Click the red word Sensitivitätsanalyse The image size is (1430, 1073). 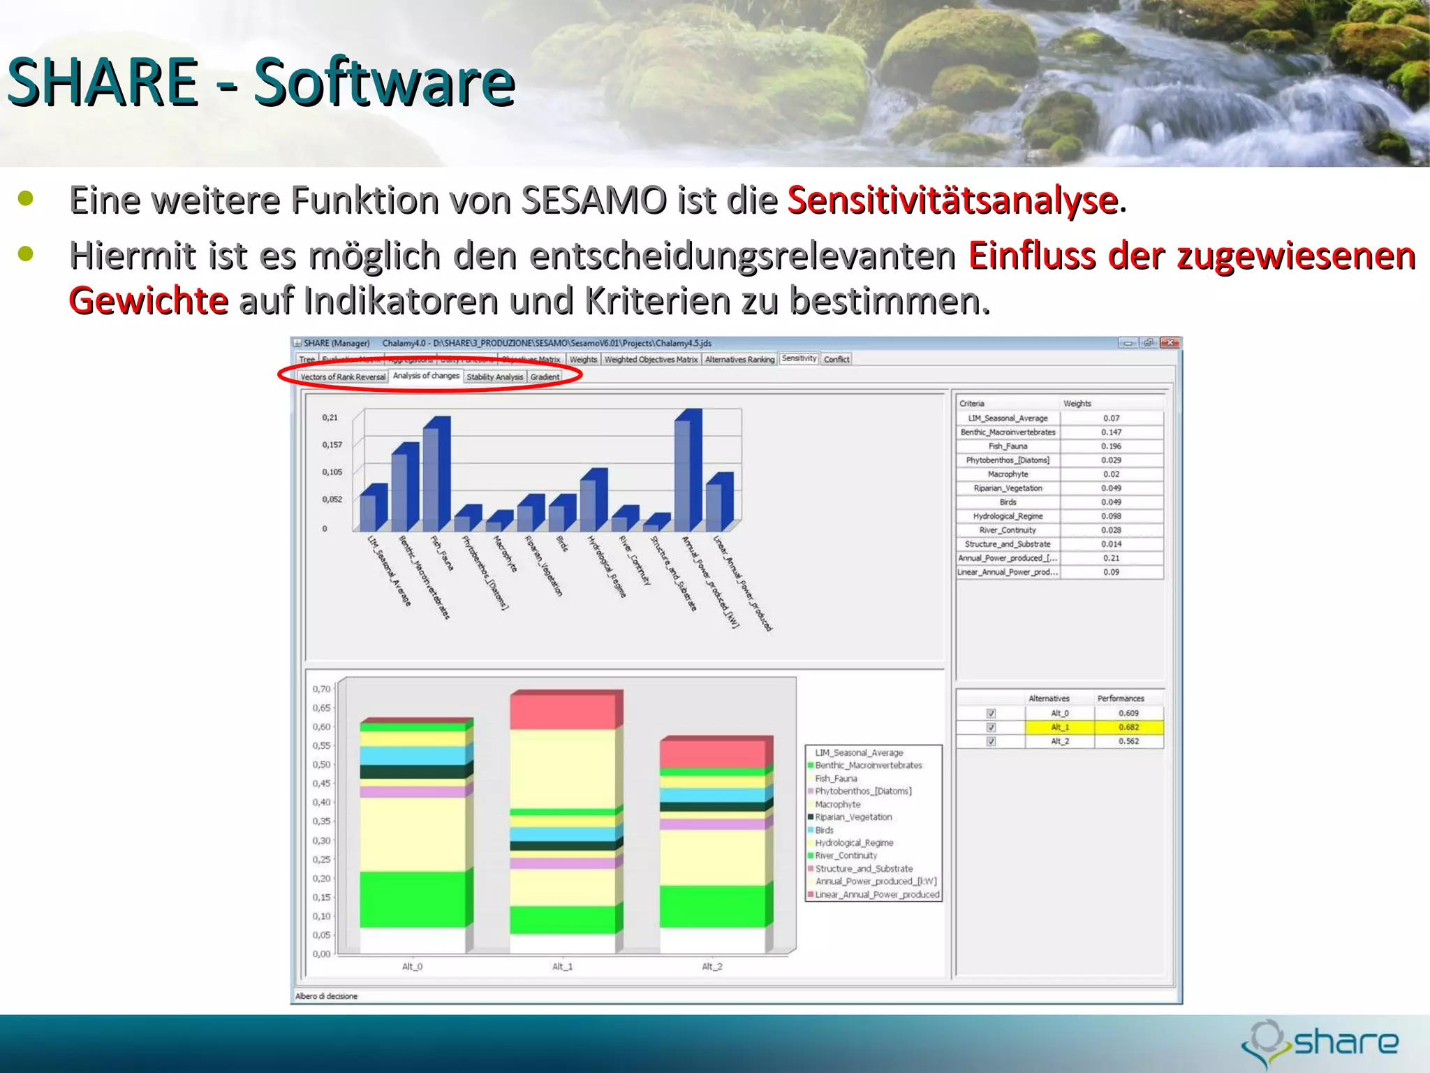tap(953, 200)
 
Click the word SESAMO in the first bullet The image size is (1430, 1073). tap(594, 200)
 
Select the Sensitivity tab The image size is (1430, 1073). tap(799, 358)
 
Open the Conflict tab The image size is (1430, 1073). tap(836, 359)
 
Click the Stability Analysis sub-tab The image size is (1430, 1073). tap(494, 377)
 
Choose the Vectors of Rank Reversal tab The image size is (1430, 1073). tap(343, 377)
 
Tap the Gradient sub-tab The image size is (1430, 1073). tap(545, 377)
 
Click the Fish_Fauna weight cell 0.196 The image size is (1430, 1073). tap(1111, 446)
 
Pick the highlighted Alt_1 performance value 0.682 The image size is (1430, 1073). tap(1128, 727)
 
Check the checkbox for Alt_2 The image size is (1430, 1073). tap(991, 741)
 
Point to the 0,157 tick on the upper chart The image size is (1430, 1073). tap(332, 445)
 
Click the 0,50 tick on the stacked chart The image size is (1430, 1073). tap(321, 764)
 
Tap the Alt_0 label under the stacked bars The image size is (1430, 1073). tap(412, 967)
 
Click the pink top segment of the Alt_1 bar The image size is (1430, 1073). tap(563, 711)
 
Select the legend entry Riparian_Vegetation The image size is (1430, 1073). tap(853, 817)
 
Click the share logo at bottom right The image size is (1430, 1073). tap(1320, 1044)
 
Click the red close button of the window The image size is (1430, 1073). tap(1170, 343)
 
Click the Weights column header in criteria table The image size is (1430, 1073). tap(1077, 404)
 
